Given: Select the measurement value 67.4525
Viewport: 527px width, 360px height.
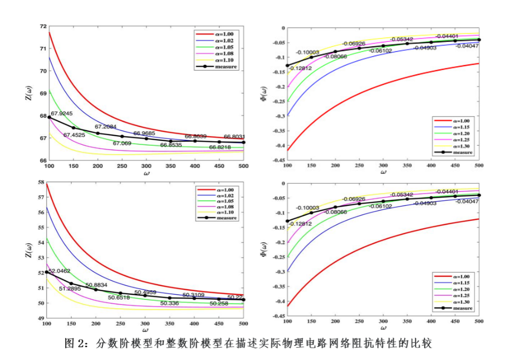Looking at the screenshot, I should (74, 135).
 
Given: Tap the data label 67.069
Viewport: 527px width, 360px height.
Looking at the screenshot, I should (122, 143).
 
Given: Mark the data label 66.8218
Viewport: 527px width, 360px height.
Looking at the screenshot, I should (220, 147).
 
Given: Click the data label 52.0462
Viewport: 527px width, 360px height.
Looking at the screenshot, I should (60, 271).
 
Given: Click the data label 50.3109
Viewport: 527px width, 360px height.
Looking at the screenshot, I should (194, 295).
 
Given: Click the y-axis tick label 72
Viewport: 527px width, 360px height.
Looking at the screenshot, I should (43, 26).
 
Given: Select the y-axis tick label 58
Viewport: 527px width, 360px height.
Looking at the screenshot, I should (43, 183).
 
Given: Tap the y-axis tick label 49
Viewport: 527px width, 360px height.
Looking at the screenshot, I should (43, 318).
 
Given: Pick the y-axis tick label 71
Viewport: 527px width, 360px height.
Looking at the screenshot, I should (43, 48).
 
